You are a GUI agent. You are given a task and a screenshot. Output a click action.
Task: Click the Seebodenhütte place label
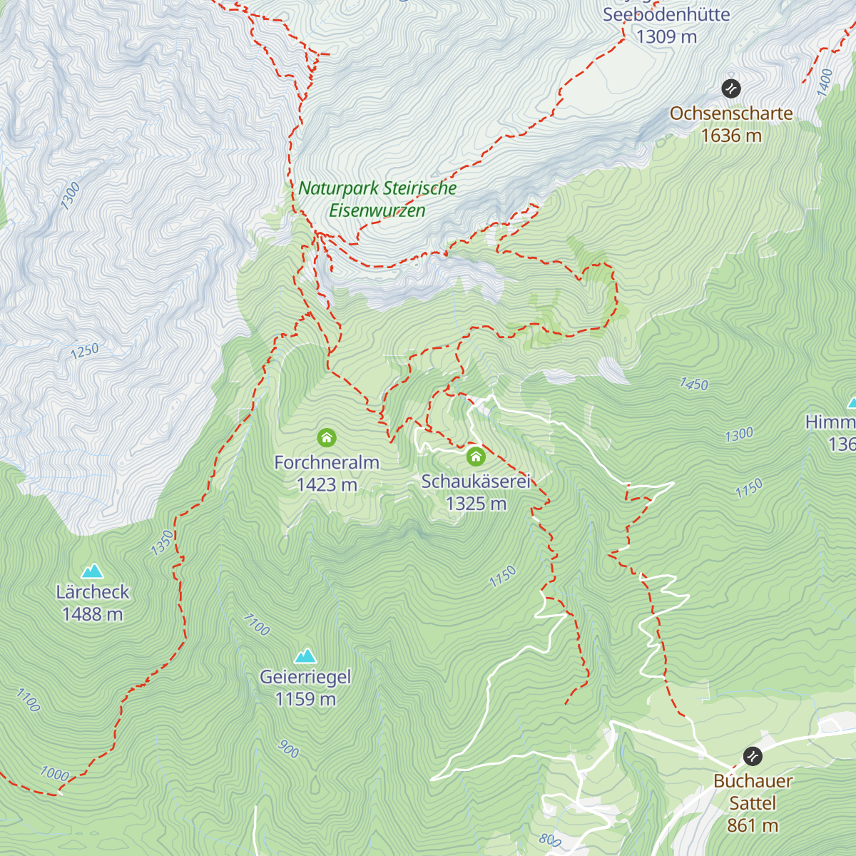tap(666, 15)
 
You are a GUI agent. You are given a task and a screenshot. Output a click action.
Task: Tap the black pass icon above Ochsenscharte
tap(731, 88)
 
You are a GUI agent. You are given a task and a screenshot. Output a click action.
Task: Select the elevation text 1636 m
tap(731, 136)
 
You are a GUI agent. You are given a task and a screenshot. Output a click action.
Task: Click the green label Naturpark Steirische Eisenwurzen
tap(377, 199)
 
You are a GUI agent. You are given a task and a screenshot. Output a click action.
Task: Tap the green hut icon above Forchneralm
tap(327, 437)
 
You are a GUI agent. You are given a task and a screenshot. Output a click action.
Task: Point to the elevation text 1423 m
tap(327, 485)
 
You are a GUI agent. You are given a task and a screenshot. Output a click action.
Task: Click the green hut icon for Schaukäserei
tap(476, 457)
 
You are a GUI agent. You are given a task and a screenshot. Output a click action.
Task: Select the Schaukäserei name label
tap(476, 481)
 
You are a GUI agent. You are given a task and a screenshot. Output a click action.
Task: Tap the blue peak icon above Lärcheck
tap(92, 571)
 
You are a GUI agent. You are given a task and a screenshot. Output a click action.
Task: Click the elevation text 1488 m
tap(92, 614)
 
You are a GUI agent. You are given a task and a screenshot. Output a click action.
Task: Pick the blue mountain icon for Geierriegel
tap(306, 655)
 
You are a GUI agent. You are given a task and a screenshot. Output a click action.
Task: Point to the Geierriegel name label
tap(305, 677)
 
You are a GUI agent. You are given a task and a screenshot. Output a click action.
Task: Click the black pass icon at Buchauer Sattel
tap(752, 756)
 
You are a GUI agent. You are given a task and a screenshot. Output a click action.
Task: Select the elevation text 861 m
tap(753, 825)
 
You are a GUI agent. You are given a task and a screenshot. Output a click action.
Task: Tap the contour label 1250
tap(85, 351)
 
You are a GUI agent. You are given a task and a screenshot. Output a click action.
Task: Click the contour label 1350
tap(163, 543)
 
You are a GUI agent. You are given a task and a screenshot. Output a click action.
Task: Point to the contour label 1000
tap(54, 774)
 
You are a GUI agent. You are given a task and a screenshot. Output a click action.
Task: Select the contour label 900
tap(288, 749)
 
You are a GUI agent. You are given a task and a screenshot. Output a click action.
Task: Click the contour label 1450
tap(694, 384)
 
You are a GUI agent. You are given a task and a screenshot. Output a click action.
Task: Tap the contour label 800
tap(550, 840)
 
